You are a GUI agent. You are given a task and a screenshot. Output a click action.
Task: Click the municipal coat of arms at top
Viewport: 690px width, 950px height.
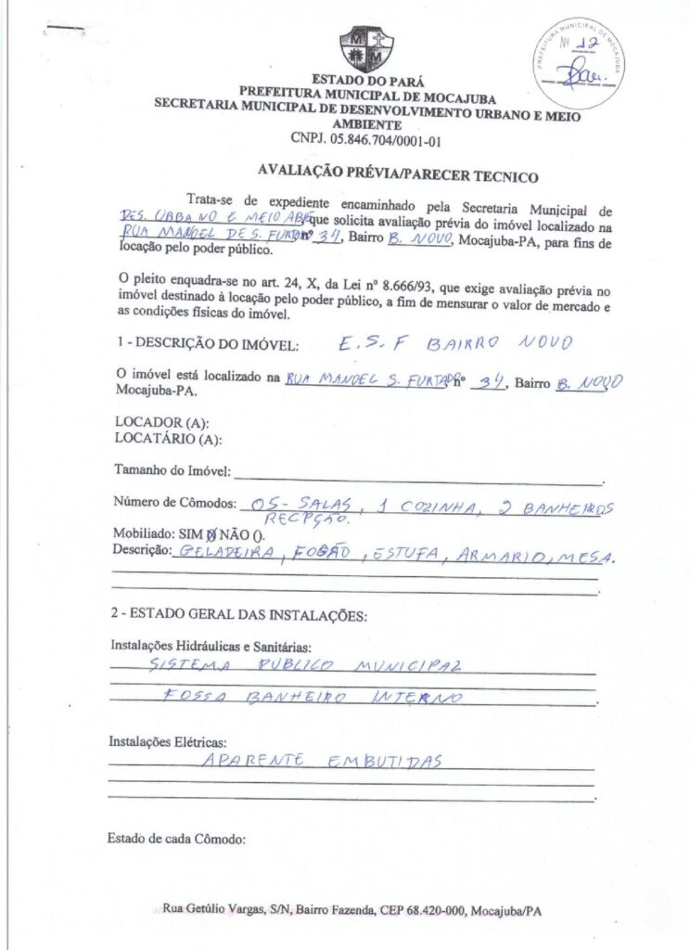point(367,49)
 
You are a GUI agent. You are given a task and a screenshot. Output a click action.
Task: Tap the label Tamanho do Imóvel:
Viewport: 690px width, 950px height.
point(172,470)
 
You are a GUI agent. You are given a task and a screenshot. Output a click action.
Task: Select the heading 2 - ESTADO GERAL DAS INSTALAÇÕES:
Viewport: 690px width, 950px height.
point(240,615)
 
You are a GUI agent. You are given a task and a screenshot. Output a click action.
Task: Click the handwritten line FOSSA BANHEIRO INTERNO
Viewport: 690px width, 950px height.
point(311,696)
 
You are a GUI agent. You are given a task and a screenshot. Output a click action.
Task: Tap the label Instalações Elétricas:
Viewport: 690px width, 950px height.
point(168,742)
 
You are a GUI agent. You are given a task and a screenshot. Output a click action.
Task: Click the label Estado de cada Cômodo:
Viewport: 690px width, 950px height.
point(176,840)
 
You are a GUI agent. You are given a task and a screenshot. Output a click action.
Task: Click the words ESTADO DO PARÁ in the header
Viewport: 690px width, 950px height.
point(368,81)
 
